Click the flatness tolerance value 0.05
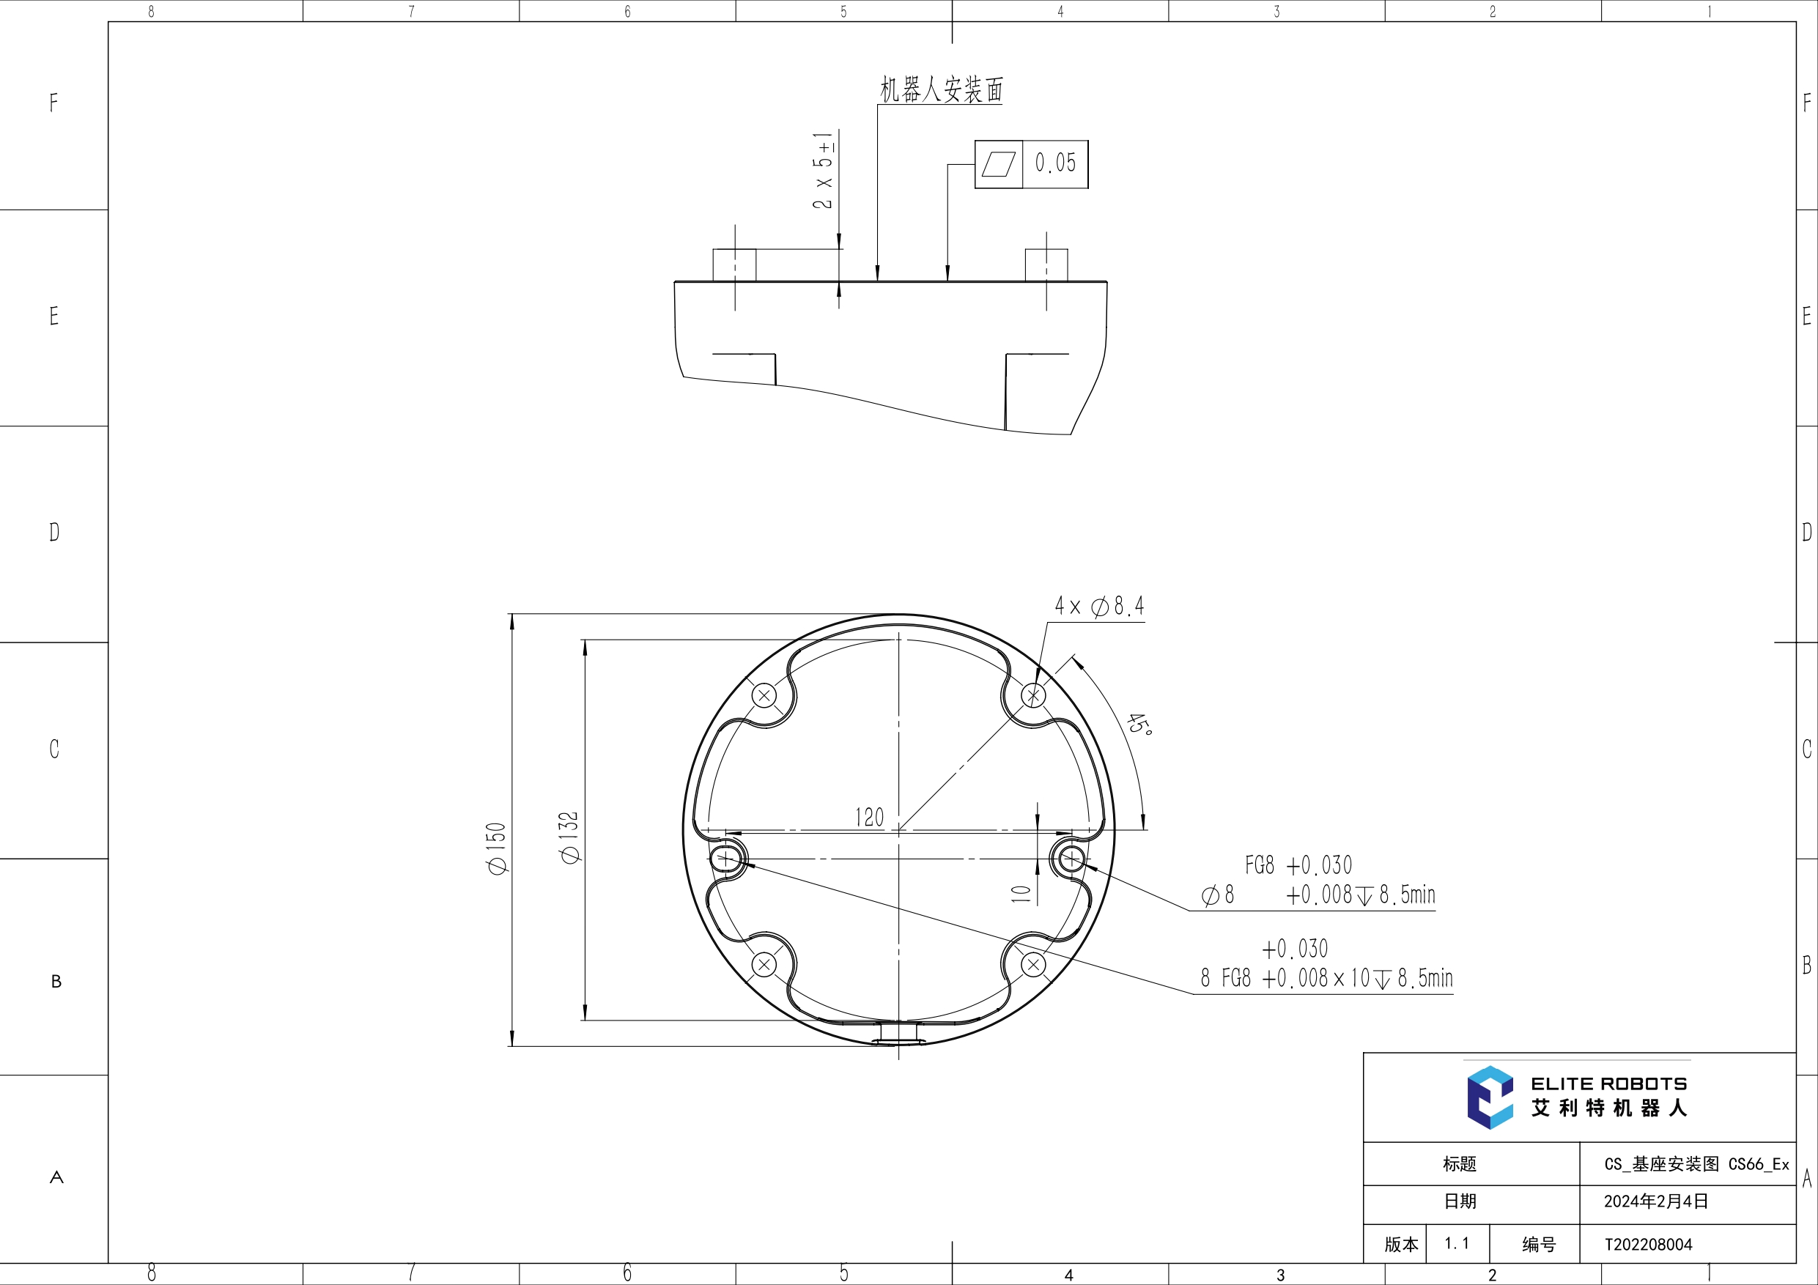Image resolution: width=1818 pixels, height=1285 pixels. coord(1055,163)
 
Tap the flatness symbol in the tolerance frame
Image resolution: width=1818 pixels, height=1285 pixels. coord(999,164)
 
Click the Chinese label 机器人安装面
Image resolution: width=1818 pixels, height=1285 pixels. coord(942,89)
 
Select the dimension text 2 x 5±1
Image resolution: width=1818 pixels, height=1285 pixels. coord(824,170)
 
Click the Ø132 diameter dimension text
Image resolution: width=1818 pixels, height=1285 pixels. coord(569,837)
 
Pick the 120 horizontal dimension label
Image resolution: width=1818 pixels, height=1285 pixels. coord(869,817)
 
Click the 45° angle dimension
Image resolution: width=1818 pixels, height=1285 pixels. coord(1139,724)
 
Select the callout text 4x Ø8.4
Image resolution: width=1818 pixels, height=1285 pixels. coord(1099,607)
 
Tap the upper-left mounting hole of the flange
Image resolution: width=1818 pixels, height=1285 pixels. coord(764,696)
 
